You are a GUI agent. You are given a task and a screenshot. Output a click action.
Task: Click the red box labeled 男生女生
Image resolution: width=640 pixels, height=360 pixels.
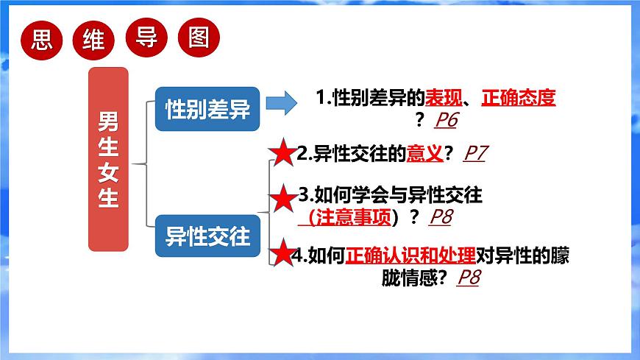point(108,159)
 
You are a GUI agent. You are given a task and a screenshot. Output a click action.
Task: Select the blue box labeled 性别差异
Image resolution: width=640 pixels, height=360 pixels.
point(207,110)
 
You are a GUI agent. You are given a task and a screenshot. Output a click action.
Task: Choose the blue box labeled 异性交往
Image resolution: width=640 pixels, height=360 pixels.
point(207,236)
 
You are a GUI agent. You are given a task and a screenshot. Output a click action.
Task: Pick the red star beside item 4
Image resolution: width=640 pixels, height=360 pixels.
point(282,253)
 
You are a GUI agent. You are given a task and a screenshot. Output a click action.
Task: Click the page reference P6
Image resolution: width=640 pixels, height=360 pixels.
point(447,119)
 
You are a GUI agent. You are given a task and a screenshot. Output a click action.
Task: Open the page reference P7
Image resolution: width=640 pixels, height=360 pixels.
point(475,153)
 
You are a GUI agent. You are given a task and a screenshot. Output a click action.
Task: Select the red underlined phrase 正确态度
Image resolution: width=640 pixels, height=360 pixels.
point(518,97)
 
